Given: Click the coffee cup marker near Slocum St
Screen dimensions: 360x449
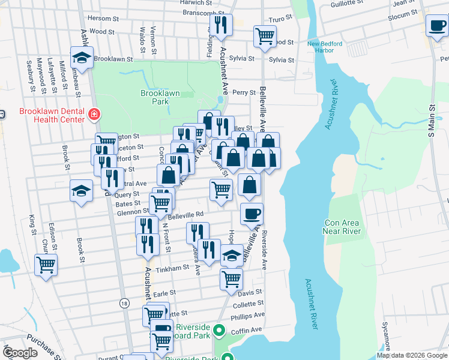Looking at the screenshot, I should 436,26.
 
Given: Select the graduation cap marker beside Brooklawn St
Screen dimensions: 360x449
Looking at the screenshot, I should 81,58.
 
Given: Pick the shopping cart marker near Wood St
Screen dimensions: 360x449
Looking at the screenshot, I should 265,35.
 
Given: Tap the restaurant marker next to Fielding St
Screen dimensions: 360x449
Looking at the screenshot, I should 220,25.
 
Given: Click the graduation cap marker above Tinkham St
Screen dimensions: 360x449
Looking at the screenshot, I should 232,255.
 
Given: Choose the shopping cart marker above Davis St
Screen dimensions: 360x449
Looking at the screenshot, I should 231,278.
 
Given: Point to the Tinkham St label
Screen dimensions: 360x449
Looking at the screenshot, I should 173,269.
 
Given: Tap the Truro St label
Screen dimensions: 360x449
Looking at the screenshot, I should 280,20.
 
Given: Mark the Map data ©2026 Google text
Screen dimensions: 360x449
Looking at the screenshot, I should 412,355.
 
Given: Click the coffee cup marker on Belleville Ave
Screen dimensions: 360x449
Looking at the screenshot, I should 252,212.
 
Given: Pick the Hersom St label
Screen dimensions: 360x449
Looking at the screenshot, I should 100,18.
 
